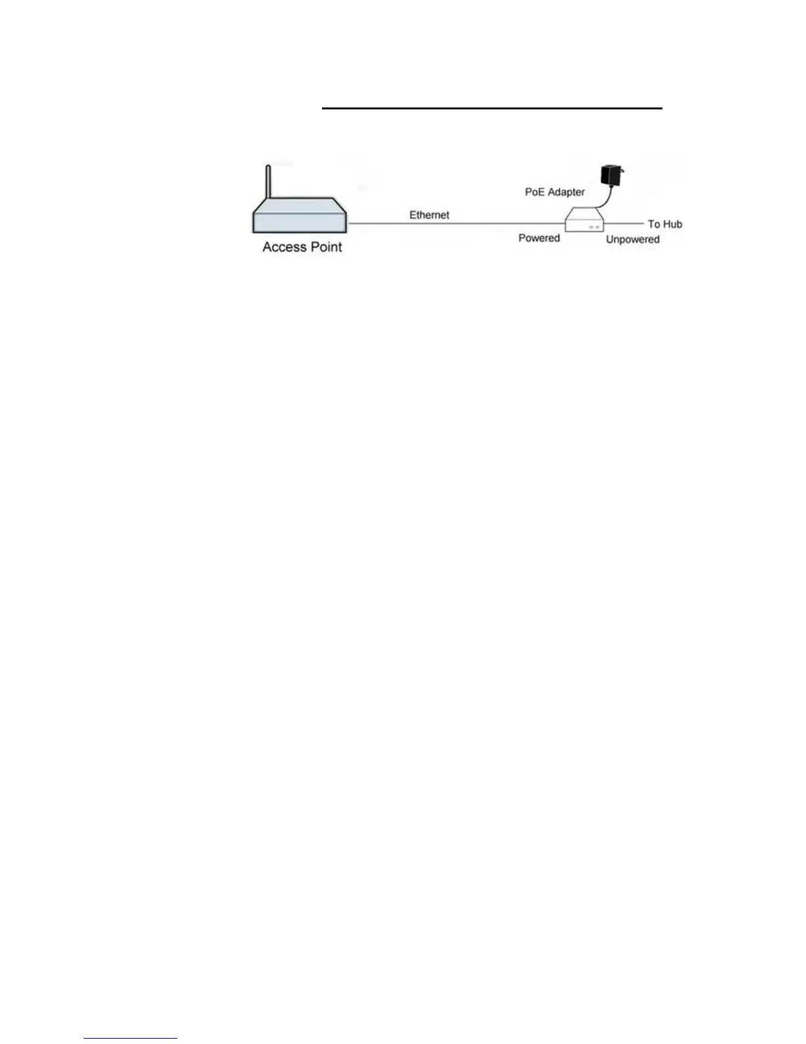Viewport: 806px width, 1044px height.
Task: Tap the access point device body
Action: pyautogui.click(x=300, y=221)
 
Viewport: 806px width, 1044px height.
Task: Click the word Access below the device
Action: pyautogui.click(x=284, y=247)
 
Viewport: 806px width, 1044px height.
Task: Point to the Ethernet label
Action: pyautogui.click(x=429, y=215)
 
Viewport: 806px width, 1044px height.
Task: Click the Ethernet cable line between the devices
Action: pyautogui.click(x=454, y=224)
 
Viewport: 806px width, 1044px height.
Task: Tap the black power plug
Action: pyautogui.click(x=613, y=176)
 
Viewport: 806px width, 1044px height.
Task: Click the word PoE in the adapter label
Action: pyautogui.click(x=535, y=192)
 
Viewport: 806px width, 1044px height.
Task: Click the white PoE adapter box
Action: pyautogui.click(x=585, y=220)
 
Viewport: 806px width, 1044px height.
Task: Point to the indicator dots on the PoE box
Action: pyautogui.click(x=594, y=227)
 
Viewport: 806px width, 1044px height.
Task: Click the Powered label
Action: pyautogui.click(x=539, y=238)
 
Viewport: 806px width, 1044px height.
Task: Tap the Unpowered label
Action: pyautogui.click(x=632, y=239)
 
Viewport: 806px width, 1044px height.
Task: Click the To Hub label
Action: pyautogui.click(x=664, y=224)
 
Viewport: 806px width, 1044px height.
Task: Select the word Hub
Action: pyautogui.click(x=672, y=224)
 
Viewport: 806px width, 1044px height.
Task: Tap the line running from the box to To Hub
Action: pyautogui.click(x=623, y=224)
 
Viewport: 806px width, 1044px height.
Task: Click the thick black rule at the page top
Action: pyautogui.click(x=491, y=108)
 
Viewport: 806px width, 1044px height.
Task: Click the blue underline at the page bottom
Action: pyautogui.click(x=130, y=1039)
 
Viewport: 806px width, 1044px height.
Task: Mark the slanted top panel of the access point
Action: pyautogui.click(x=300, y=204)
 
